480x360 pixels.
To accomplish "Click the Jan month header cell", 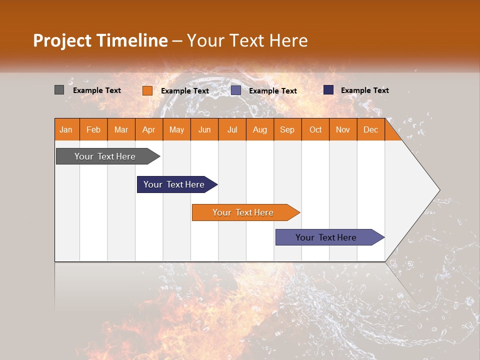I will click(x=66, y=129).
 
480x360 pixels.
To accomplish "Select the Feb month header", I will click(x=93, y=129).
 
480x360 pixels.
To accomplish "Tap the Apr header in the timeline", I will click(x=149, y=129).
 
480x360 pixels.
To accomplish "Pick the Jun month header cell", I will click(x=204, y=129).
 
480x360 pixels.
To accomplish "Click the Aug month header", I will click(x=260, y=129).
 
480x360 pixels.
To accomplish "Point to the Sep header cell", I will click(x=287, y=129).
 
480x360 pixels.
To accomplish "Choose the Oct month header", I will click(x=315, y=129).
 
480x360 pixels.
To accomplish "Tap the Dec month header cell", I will click(x=371, y=129).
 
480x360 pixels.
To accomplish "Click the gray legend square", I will click(x=59, y=90).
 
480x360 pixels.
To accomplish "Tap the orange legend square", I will click(x=147, y=90).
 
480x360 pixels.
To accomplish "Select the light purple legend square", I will click(x=236, y=90).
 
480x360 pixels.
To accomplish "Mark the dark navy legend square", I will click(x=328, y=90).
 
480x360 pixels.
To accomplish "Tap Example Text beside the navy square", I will click(x=365, y=90).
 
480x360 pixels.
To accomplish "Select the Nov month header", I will click(x=343, y=129).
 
